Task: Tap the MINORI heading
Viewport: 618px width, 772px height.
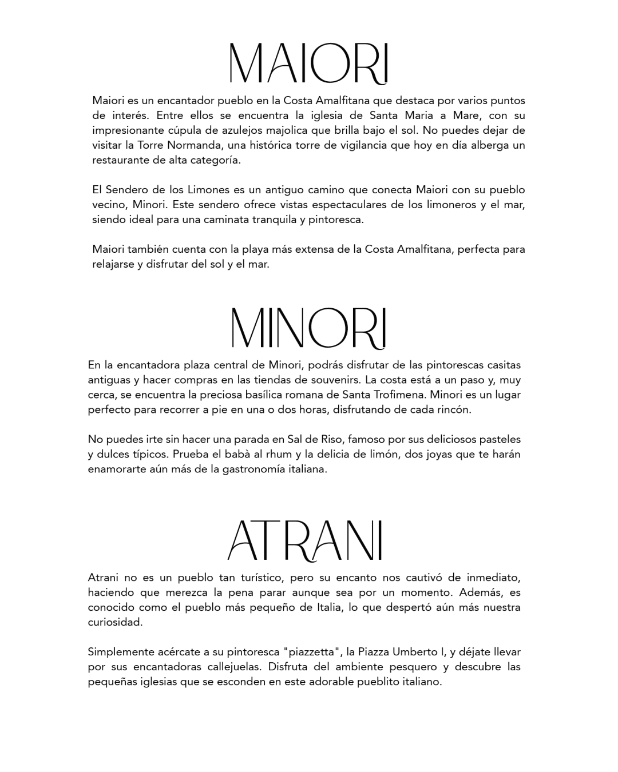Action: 308,328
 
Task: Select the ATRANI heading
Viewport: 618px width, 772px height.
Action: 305,540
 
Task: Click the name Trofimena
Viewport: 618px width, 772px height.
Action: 397,395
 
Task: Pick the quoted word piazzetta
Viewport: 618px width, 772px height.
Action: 312,652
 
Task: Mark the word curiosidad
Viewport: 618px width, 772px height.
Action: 115,622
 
